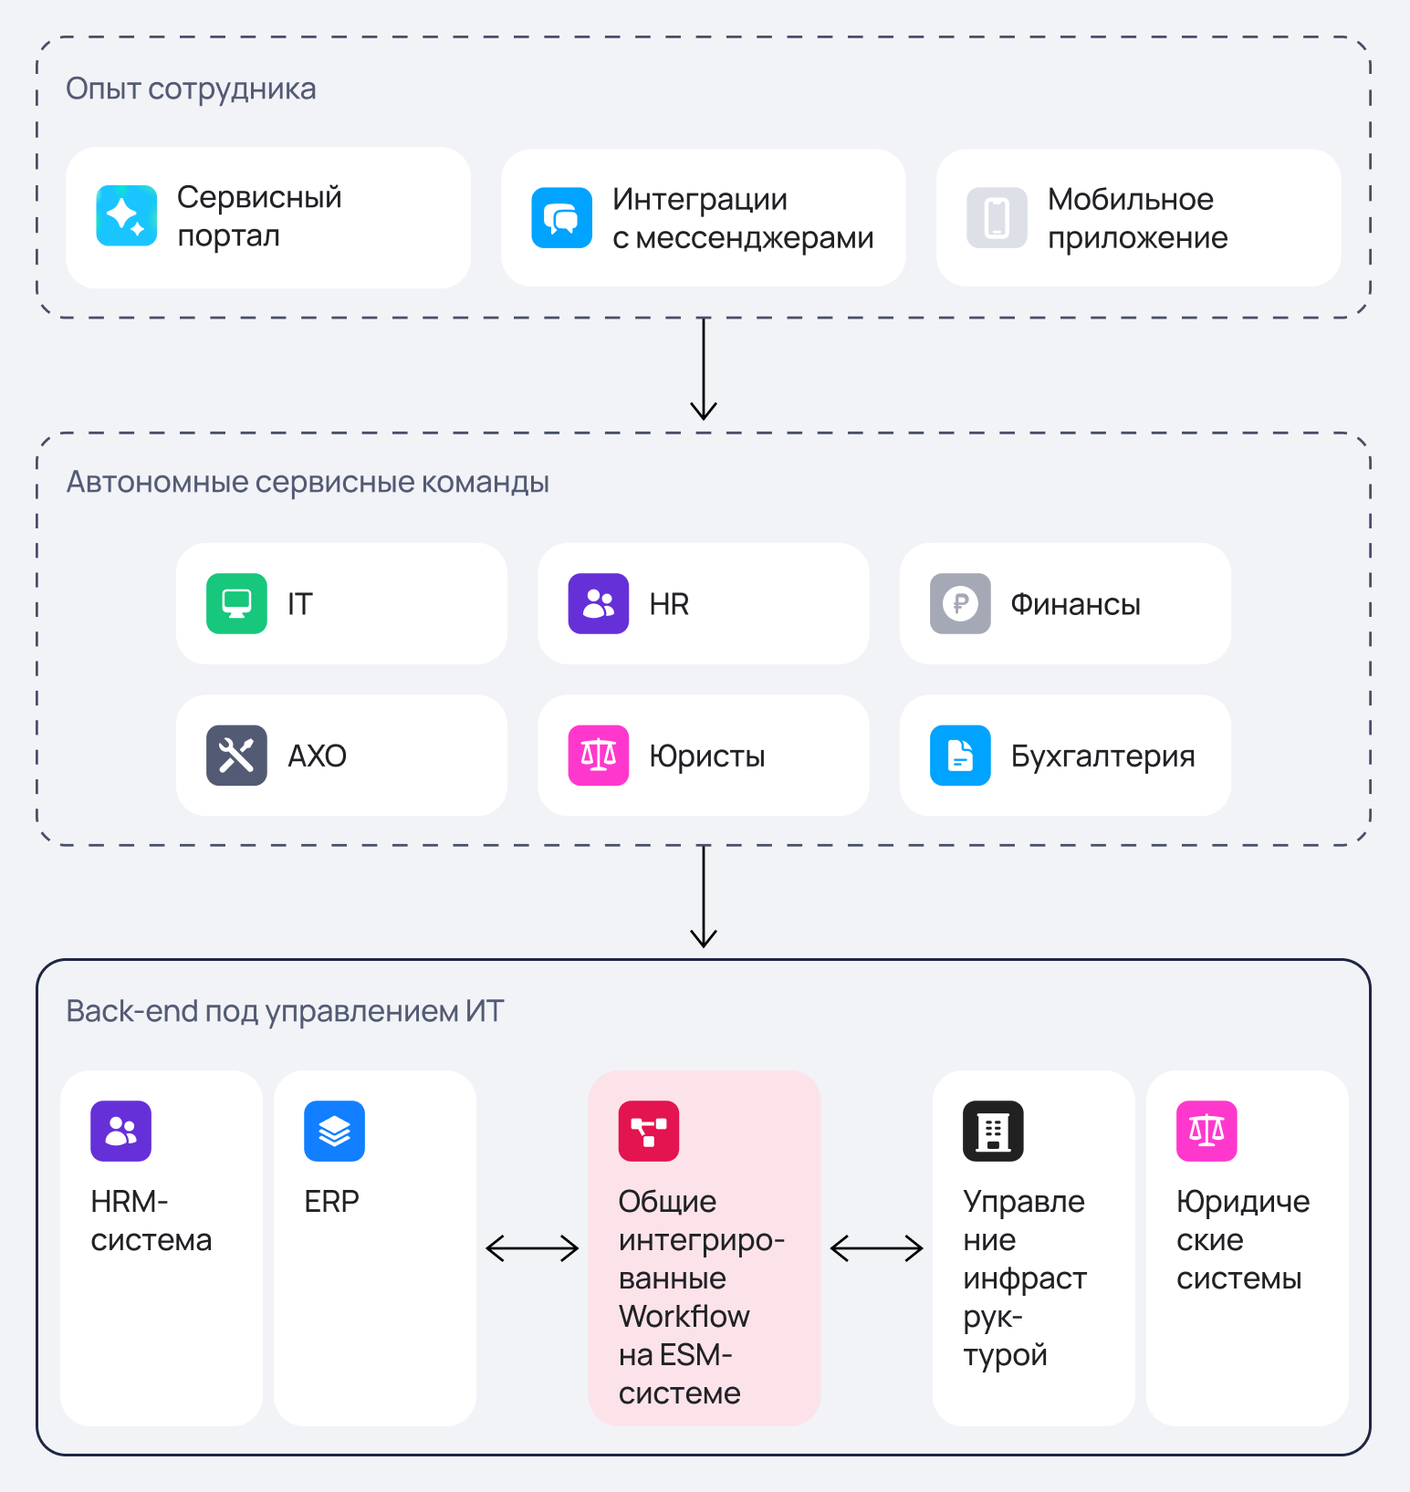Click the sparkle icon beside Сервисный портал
127,216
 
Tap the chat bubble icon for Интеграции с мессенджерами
562,218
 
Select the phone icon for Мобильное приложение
997,218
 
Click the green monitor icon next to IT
237,603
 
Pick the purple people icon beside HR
599,603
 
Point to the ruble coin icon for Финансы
960,603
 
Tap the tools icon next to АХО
237,756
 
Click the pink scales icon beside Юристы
599,756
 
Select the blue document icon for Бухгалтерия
960,756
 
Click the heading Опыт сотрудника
192,89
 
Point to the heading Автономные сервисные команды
308,482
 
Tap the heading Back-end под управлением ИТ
285,1011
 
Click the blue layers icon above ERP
335,1132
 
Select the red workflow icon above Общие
649,1132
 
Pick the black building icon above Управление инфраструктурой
994,1132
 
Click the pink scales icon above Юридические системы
1207,1132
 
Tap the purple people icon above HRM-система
121,1132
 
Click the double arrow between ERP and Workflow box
533,1248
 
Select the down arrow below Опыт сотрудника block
704,369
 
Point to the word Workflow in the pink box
684,1317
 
